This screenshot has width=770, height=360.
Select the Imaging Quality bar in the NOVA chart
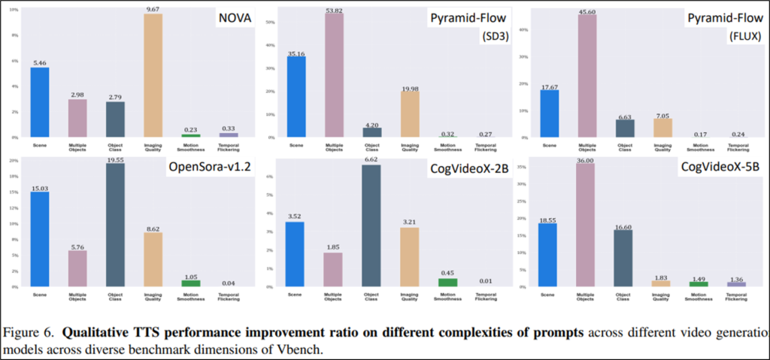[153, 76]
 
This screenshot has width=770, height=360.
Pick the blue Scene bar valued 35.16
[296, 97]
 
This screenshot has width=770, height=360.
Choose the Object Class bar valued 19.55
[116, 225]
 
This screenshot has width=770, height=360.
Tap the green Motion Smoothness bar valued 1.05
[190, 283]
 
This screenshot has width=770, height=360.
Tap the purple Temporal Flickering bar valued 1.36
[736, 283]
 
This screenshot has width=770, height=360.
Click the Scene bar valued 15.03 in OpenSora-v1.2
[40, 240]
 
